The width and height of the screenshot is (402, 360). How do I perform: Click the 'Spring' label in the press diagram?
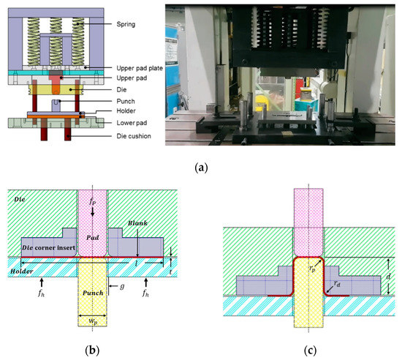coord(119,25)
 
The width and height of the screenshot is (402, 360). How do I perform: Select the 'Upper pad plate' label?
coord(132,67)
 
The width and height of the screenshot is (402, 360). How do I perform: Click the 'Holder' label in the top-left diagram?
coord(115,112)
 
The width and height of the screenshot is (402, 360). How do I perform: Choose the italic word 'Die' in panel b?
coord(24,198)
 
